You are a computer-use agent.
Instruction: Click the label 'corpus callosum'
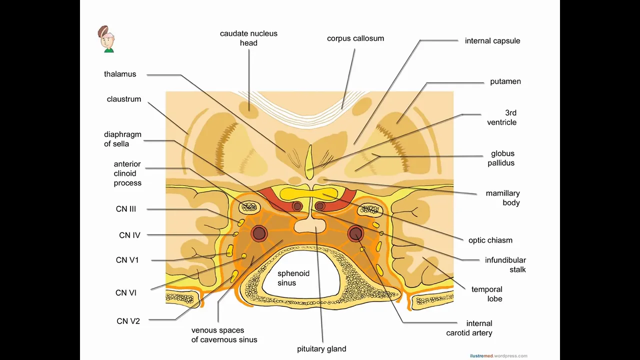point(355,38)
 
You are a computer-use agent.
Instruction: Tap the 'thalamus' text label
point(120,74)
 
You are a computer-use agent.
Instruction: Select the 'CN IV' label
point(129,235)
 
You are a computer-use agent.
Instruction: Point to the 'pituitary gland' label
point(321,349)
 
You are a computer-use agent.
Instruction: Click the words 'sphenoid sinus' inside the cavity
point(293,278)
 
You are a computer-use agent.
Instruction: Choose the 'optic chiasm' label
point(490,240)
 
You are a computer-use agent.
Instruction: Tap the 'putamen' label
point(505,81)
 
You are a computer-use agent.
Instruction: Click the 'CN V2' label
point(128,321)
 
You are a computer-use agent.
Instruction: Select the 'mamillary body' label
point(502,198)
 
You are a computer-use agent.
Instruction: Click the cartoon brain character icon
point(106,39)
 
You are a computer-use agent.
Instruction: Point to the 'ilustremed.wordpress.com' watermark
point(498,356)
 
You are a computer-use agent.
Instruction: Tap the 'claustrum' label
point(124,99)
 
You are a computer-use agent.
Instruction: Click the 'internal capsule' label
point(492,41)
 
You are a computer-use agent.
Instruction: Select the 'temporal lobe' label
point(487,294)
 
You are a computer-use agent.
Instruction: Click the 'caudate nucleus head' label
point(248,38)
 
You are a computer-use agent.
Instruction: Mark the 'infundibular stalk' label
point(505,265)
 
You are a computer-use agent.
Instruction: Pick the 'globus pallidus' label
point(502,158)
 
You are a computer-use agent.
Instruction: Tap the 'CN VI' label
point(126,293)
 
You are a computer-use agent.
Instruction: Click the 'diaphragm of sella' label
point(122,139)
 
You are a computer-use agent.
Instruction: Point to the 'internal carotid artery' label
point(469,328)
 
